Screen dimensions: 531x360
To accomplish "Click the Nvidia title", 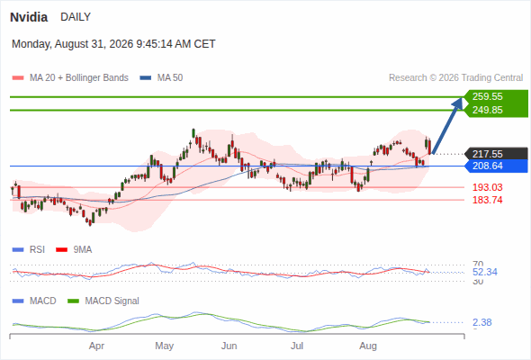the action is coord(29,17).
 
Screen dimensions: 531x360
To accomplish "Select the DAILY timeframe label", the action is coord(76,17).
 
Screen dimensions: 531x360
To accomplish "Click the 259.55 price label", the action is coord(487,96).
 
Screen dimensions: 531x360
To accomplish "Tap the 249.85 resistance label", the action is coord(487,110).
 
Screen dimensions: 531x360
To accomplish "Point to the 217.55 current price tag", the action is coord(487,154).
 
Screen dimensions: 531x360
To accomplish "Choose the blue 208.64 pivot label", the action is coord(487,166).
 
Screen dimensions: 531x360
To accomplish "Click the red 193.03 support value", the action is coord(487,187).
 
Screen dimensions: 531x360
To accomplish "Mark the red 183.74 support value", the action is coord(487,200).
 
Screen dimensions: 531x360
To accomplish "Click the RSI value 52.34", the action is coord(484,272).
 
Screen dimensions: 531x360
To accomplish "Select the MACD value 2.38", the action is coord(481,322).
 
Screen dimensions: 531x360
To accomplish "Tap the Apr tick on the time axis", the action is coord(96,346).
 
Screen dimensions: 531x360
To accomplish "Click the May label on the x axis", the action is coord(164,346).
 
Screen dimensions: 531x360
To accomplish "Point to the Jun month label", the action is coord(229,346).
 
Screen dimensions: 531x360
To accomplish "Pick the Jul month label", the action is coord(297,346).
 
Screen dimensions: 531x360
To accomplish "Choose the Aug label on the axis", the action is coord(368,346).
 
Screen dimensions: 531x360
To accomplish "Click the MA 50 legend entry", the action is coord(161,78).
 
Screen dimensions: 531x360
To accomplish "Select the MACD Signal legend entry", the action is coord(103,301).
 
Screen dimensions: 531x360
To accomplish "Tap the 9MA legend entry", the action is coord(74,249).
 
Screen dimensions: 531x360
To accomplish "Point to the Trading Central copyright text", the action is coord(455,78).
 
